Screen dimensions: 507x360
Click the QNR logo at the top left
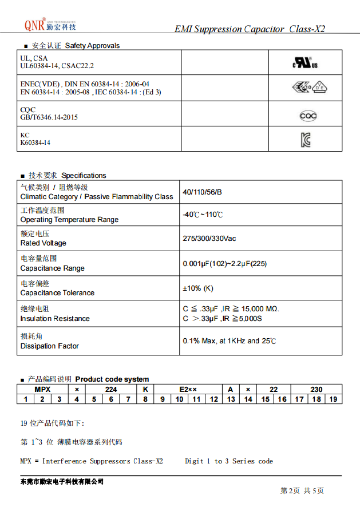50,25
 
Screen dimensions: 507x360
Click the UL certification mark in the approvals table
305,63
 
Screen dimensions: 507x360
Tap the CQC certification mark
308,116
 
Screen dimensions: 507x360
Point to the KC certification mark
306,139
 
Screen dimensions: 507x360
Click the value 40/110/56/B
202,192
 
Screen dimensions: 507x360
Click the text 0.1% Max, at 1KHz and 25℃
230,341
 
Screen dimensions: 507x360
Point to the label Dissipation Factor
49,346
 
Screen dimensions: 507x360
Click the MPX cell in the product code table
42,389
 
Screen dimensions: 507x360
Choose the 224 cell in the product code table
111,389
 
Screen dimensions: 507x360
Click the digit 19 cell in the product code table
334,399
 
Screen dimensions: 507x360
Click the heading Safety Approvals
92,46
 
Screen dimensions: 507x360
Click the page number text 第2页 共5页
302,491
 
